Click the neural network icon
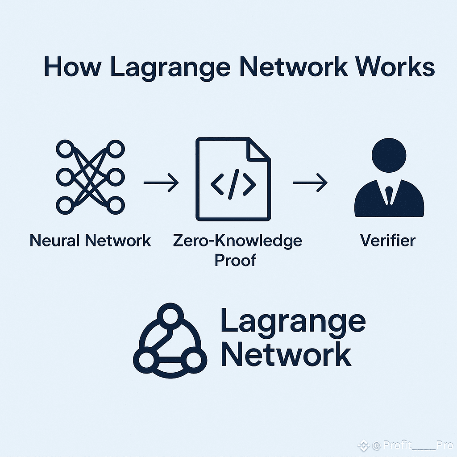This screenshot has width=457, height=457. coord(90,177)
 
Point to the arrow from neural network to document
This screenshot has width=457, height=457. coord(161,183)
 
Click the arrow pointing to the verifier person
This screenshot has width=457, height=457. coord(310,183)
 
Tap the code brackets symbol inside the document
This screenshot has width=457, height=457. coord(233,184)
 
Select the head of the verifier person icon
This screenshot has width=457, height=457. coord(389,155)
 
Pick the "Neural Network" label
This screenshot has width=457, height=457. coord(90,241)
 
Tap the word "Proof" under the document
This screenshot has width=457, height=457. coord(236,260)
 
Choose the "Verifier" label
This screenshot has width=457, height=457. coord(388,241)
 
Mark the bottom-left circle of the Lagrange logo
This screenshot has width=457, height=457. coord(146,361)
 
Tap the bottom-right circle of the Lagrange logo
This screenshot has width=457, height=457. coord(194,361)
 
